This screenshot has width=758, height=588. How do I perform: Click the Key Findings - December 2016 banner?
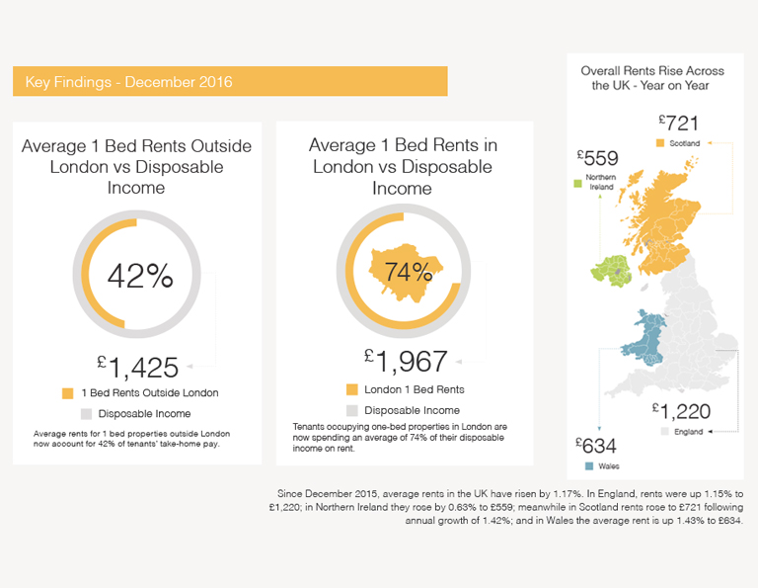[230, 81]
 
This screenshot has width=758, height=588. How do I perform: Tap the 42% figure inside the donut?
[140, 276]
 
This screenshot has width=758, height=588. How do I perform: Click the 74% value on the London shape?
[409, 272]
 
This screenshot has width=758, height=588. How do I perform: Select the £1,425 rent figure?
[138, 368]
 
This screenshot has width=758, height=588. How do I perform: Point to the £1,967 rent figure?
[406, 361]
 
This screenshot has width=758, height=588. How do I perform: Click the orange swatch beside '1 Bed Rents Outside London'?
[68, 393]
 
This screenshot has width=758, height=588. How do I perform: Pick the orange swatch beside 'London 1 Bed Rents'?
[352, 389]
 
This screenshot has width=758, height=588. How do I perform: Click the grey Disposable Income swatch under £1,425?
[86, 414]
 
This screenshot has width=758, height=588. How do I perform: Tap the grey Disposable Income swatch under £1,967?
[352, 410]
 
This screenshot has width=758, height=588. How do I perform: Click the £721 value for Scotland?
[679, 123]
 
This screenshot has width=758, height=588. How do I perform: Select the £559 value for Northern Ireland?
[597, 158]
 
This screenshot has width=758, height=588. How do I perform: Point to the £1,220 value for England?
[681, 411]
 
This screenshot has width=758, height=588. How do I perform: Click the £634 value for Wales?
[595, 446]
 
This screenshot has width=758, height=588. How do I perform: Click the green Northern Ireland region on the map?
[610, 271]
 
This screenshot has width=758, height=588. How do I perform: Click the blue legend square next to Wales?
[589, 466]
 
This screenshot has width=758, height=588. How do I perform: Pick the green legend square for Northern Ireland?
[577, 184]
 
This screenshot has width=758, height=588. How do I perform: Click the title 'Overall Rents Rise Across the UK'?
[652, 78]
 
